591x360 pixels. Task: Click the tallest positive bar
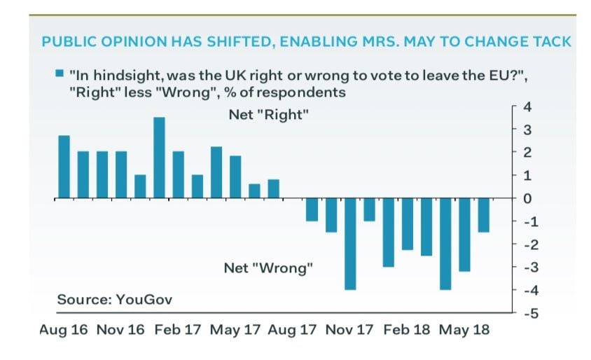[159, 158]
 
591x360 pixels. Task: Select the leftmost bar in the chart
[64, 167]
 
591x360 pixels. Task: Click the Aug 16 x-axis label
[64, 330]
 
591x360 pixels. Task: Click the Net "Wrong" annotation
[268, 268]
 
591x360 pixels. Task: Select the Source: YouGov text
[114, 299]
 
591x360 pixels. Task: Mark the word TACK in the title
[550, 41]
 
